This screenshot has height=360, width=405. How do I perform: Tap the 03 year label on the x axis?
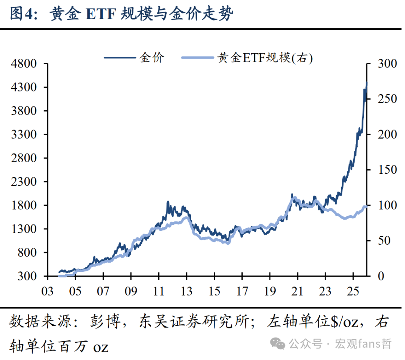[x=48, y=291]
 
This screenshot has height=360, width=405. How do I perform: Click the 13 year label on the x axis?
[x=186, y=291]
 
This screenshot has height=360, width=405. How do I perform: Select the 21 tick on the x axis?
[x=297, y=291]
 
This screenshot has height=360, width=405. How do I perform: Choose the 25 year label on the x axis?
[x=353, y=291]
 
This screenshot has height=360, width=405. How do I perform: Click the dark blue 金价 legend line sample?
[x=119, y=58]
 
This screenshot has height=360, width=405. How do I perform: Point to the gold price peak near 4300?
[x=366, y=83]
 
